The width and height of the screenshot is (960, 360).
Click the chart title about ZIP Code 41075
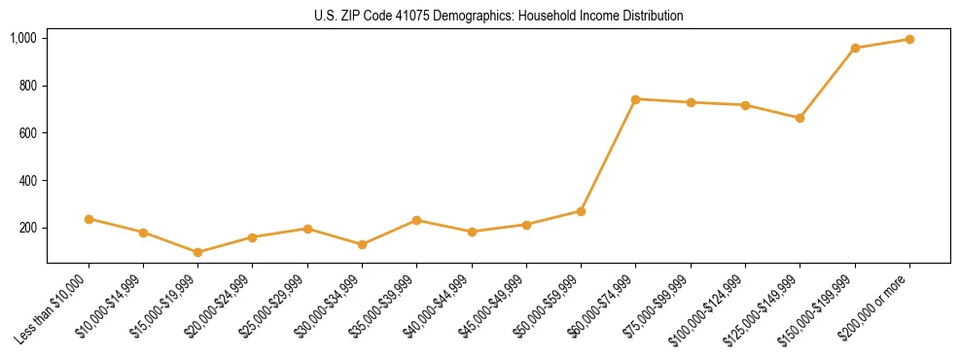pos(498,17)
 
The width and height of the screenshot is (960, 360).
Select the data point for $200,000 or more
pos(909,40)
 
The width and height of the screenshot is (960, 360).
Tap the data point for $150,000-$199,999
pos(855,48)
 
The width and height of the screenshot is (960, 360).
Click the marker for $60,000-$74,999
pos(635,99)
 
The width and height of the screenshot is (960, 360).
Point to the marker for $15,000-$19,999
pos(197,252)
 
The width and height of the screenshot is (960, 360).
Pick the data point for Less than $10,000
pos(89,219)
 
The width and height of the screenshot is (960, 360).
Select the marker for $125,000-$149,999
pos(800,118)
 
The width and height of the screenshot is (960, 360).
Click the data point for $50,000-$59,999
pos(581,211)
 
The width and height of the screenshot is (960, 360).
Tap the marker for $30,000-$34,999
pos(362,244)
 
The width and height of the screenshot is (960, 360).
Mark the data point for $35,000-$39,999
pos(416,220)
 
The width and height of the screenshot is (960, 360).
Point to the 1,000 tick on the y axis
pos(23,38)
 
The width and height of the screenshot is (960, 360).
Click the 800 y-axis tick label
pos(27,86)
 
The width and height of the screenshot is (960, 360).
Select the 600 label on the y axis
pos(27,133)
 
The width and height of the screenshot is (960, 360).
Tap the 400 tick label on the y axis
pos(27,181)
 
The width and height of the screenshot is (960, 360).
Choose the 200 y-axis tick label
pos(27,228)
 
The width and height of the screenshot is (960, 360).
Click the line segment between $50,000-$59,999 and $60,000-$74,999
pos(608,156)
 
